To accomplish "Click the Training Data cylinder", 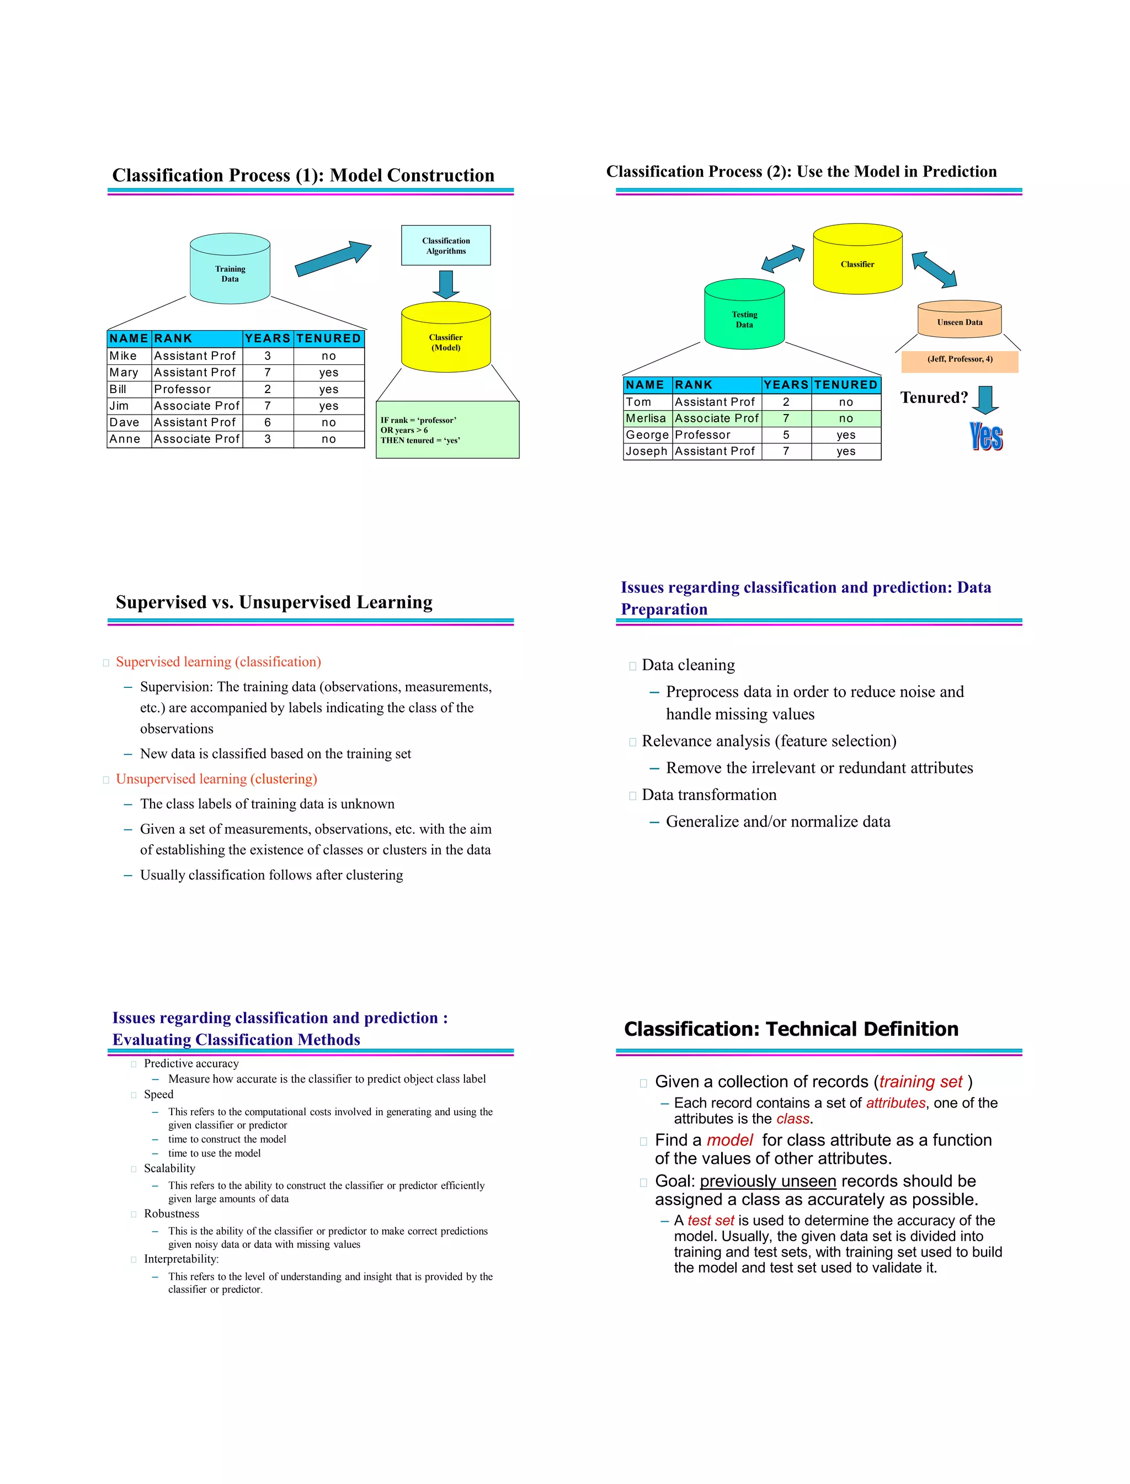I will point(230,269).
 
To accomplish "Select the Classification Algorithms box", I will point(446,246).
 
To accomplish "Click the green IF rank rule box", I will point(447,430).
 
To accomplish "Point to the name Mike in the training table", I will point(123,356).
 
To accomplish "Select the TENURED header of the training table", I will point(329,338).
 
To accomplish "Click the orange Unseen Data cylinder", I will point(960,319).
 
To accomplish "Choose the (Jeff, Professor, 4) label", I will point(960,359).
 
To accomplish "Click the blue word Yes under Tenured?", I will point(986,437).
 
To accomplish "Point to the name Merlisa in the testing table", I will point(646,418).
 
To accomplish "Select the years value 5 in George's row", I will point(786,436).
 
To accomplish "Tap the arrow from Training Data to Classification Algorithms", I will point(333,259).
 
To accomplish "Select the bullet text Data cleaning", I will point(688,665).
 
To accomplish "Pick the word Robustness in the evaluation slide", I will point(172,1213).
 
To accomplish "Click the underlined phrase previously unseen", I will point(767,1181).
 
